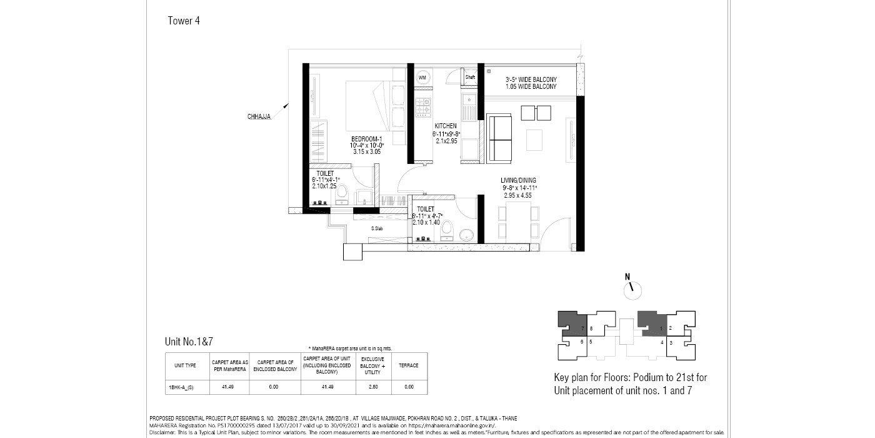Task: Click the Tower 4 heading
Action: click(x=184, y=21)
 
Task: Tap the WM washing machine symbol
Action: click(x=422, y=78)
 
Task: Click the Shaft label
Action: click(x=470, y=77)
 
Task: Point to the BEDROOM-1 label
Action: click(x=366, y=138)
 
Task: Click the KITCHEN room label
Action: click(x=446, y=126)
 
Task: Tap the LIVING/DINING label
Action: click(x=519, y=181)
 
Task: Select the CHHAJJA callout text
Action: click(x=259, y=116)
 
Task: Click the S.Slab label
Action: click(x=377, y=228)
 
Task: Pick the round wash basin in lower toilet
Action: click(x=466, y=236)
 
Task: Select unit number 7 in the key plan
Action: click(x=582, y=328)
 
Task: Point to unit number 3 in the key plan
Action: click(x=671, y=343)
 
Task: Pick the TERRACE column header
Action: click(x=409, y=365)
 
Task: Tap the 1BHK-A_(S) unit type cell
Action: click(x=181, y=387)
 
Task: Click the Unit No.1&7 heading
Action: click(x=193, y=342)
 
